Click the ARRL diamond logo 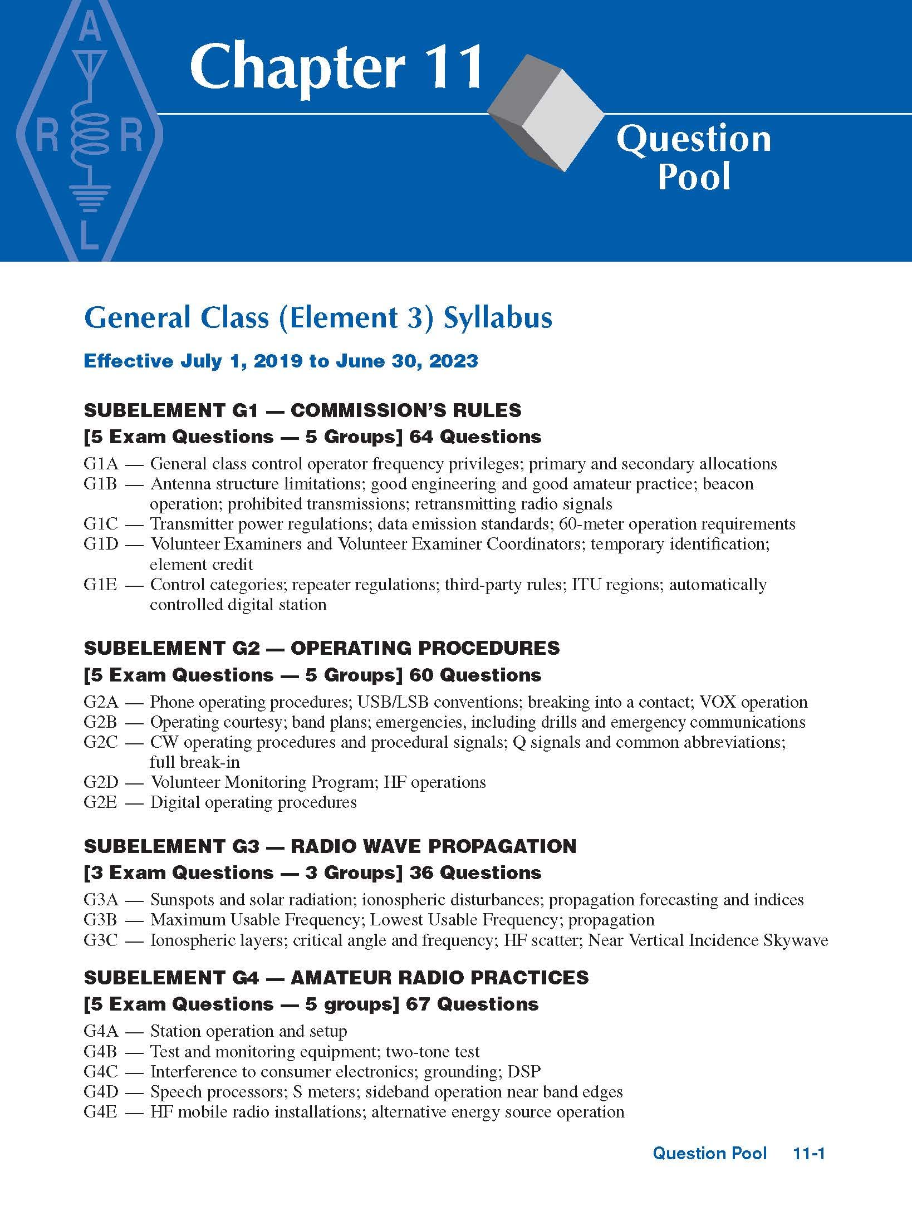tap(89, 131)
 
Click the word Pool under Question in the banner tap(693, 177)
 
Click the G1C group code tap(101, 524)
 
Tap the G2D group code tap(101, 782)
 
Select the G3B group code tap(101, 920)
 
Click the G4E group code tap(100, 1112)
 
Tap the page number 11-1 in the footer tap(809, 1153)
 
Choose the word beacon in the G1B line tap(728, 484)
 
